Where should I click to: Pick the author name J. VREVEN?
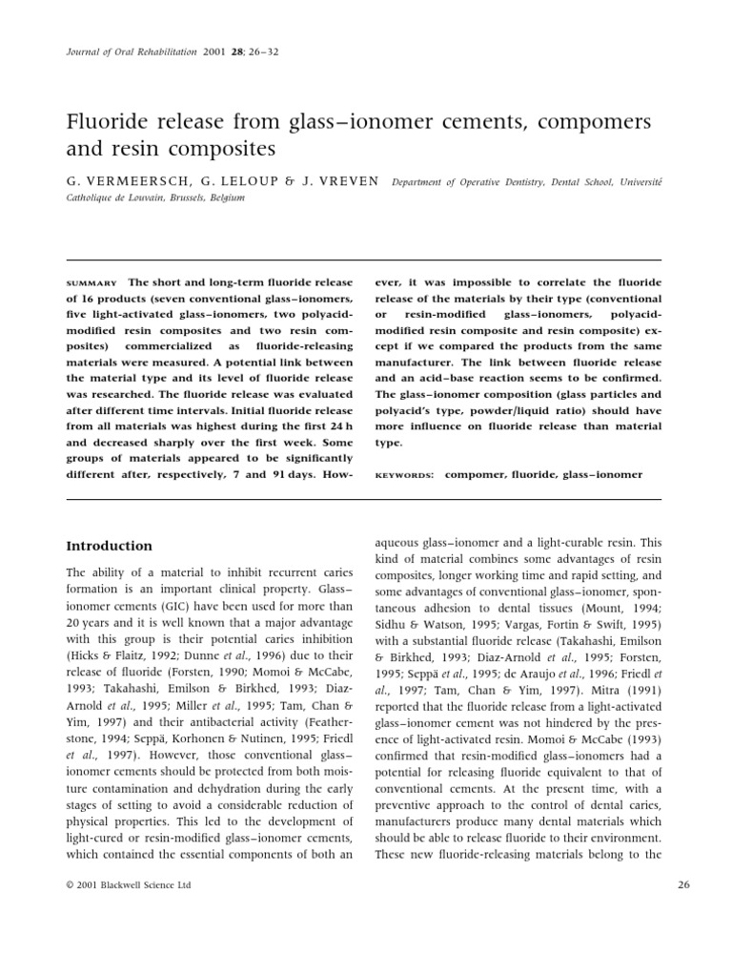point(342,180)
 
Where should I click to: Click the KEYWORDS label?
point(400,474)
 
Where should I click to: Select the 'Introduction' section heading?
point(109,546)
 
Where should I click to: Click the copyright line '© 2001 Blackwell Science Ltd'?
point(129,885)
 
